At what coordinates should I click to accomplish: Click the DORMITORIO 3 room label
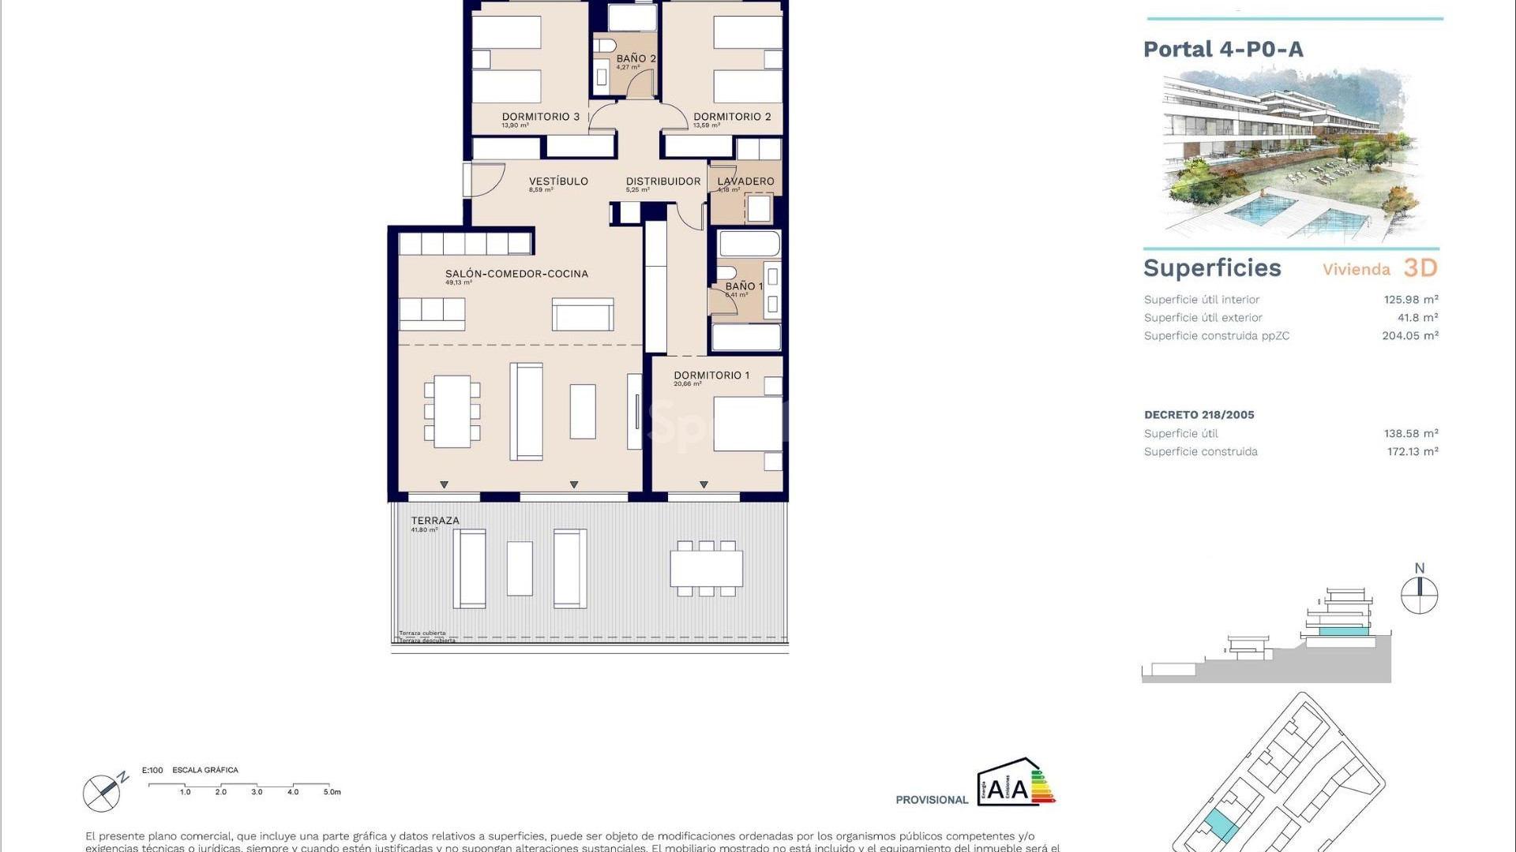tap(540, 117)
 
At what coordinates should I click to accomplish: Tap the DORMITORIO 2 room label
tap(732, 117)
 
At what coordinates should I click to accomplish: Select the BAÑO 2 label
tap(636, 58)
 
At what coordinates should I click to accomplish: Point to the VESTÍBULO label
tap(558, 181)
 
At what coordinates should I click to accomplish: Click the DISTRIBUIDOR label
tap(663, 181)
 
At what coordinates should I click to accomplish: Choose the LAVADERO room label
tap(745, 181)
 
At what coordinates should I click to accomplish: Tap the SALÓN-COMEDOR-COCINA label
tap(516, 274)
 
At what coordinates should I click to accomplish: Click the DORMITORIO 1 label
tap(711, 376)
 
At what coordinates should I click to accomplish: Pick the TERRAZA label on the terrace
tap(435, 521)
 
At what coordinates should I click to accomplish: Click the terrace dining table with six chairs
tap(707, 568)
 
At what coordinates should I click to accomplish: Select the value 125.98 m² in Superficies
tap(1410, 300)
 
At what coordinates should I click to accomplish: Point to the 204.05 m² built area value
tap(1409, 336)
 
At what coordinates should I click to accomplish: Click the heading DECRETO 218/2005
tap(1199, 415)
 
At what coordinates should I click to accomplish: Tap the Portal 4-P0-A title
tap(1223, 50)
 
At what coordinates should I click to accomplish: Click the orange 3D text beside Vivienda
tap(1420, 268)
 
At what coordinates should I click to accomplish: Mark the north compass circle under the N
tap(1419, 596)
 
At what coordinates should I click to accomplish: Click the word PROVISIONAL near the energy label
tap(932, 800)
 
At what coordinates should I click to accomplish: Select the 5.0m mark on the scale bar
tap(332, 792)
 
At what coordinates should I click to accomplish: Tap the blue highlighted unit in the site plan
tap(1221, 825)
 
